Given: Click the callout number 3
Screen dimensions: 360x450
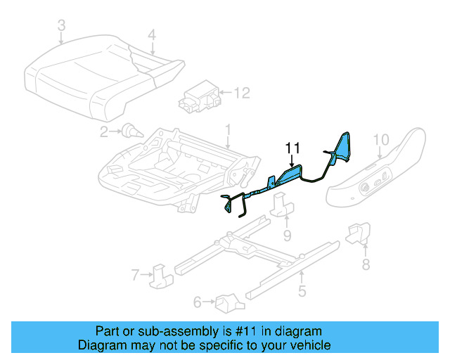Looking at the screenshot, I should tap(61, 27).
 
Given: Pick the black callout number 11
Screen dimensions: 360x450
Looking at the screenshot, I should tap(292, 147).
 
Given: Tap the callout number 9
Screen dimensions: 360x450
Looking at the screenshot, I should tap(287, 234).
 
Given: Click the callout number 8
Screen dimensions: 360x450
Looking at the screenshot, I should tap(365, 264).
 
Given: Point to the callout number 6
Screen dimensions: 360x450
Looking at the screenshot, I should tap(198, 302).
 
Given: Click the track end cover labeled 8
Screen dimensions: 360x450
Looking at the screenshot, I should tap(358, 233).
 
